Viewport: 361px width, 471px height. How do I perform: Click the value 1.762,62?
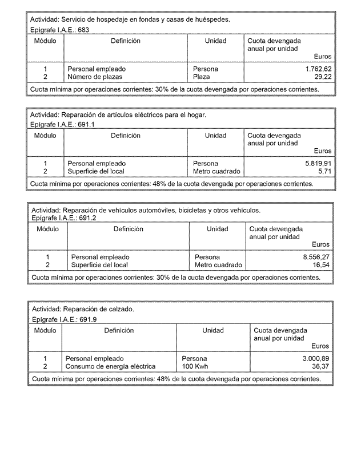(x=318, y=69)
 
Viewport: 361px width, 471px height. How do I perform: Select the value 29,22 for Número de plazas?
(x=323, y=76)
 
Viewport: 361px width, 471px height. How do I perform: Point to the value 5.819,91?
(x=318, y=163)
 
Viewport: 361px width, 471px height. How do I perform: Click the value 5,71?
(x=324, y=171)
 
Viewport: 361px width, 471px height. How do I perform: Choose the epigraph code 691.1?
(x=86, y=124)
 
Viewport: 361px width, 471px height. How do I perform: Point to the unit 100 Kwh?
(x=195, y=366)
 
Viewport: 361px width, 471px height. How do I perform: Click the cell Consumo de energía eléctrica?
(x=110, y=366)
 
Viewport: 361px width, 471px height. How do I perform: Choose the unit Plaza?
(x=202, y=76)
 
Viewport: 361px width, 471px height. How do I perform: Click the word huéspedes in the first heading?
(x=212, y=19)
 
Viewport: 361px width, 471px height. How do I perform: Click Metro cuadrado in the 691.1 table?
(x=216, y=171)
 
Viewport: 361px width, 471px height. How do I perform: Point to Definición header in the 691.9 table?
(x=119, y=330)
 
